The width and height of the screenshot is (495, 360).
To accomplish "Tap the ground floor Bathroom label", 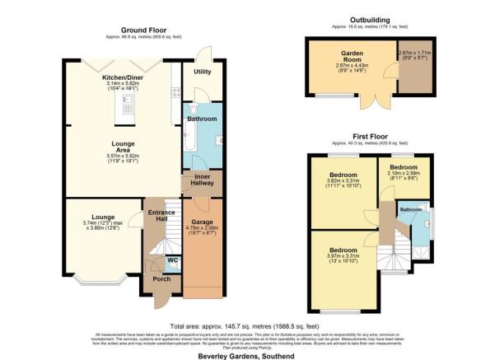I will point(201,119).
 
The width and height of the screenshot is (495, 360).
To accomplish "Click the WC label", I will point(173,261).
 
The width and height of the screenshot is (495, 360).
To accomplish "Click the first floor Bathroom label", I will point(411,209).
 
